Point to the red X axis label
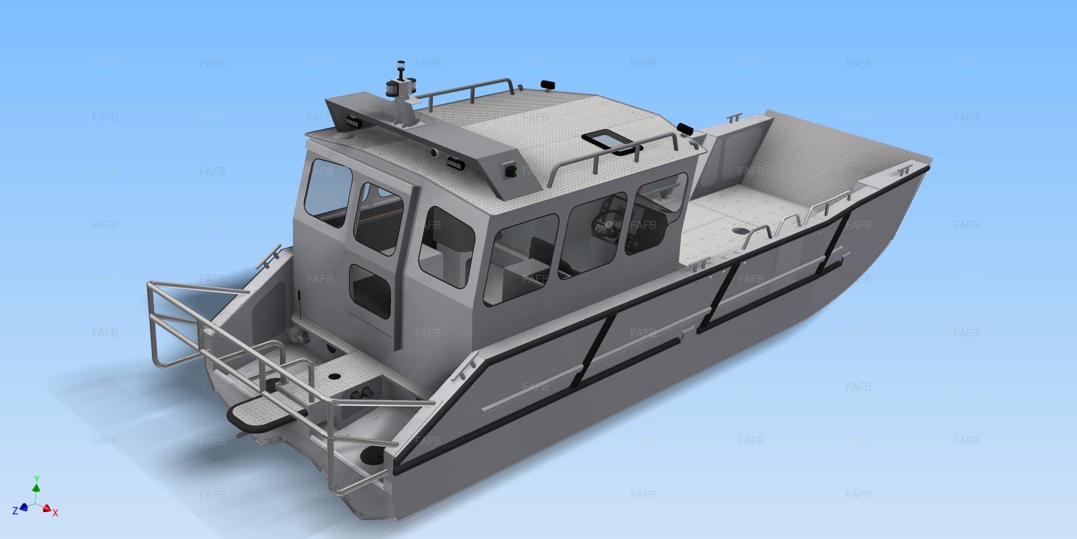pos(55,513)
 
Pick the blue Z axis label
pos(15,510)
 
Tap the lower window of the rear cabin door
pos(370,291)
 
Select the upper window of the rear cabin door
pos(378,218)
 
